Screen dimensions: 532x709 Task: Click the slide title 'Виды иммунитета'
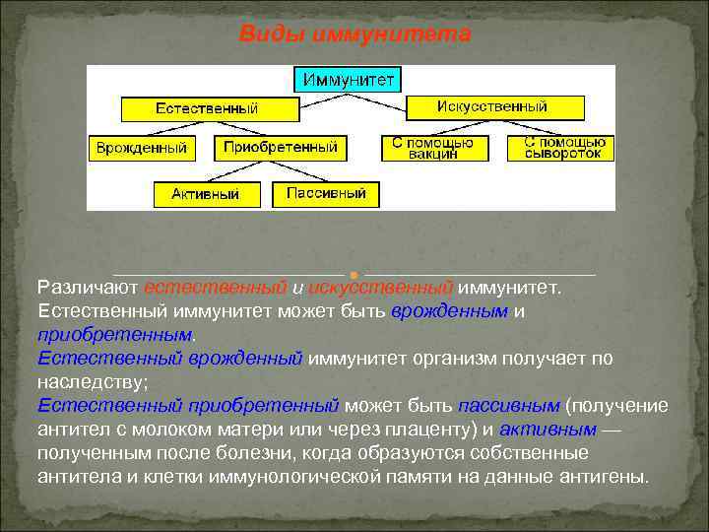tap(355, 34)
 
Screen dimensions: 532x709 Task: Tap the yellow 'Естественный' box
tap(210, 107)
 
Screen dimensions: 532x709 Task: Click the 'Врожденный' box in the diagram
tap(141, 148)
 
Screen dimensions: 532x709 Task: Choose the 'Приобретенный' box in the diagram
tap(281, 148)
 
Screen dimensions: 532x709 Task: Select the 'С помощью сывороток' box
tap(561, 148)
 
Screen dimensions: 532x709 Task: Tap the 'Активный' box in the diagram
tap(205, 194)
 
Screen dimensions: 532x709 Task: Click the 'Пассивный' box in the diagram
tap(326, 193)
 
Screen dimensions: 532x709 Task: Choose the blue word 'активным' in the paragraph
tap(548, 430)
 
